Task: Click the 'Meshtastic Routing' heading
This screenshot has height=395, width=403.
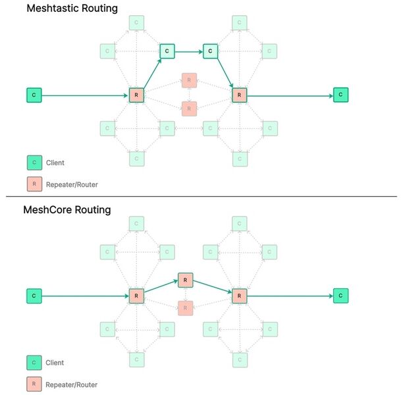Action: pos(71,9)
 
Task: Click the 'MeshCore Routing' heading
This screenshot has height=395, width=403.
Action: pos(67,210)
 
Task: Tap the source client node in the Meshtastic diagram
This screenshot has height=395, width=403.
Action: pos(34,95)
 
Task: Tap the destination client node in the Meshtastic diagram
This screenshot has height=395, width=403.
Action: pos(340,95)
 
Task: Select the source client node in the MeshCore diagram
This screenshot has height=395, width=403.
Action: pos(34,296)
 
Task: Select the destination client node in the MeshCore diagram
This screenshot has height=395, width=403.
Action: pos(340,296)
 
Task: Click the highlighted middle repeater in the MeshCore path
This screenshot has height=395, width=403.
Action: pos(186,280)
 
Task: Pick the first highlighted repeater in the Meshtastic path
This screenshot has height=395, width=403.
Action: pos(136,95)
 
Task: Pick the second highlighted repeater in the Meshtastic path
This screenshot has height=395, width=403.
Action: pos(239,95)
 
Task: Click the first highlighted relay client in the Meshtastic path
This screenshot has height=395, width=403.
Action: pos(167,50)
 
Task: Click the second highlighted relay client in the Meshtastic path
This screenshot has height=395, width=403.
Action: pos(209,50)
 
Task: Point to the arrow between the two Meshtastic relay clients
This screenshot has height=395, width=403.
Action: pos(188,50)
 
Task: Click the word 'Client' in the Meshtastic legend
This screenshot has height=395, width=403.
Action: pos(55,162)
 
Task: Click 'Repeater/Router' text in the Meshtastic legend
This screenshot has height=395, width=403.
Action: pos(72,185)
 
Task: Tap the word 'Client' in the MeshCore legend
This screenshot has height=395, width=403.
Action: pos(55,362)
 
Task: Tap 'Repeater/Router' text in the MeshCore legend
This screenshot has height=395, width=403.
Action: pos(72,384)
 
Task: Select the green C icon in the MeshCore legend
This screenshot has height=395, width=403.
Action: pos(34,362)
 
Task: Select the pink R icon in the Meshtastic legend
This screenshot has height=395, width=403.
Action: pos(34,185)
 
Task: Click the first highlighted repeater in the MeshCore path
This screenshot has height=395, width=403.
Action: pos(136,296)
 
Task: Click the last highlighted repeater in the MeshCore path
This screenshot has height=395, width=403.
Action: pos(239,296)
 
